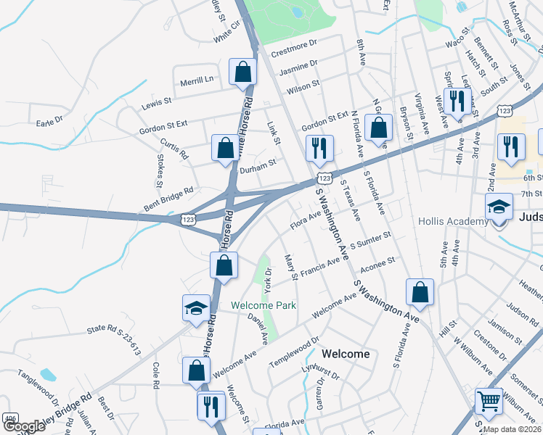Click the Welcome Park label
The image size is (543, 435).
coord(264,306)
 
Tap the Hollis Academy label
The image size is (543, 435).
coord(454,221)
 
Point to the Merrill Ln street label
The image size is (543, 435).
coord(198,79)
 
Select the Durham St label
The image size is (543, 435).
coord(258,165)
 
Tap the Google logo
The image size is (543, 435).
coord(23,426)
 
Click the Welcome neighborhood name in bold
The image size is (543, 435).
coord(346,354)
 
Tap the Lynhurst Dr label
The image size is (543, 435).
coord(321,373)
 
